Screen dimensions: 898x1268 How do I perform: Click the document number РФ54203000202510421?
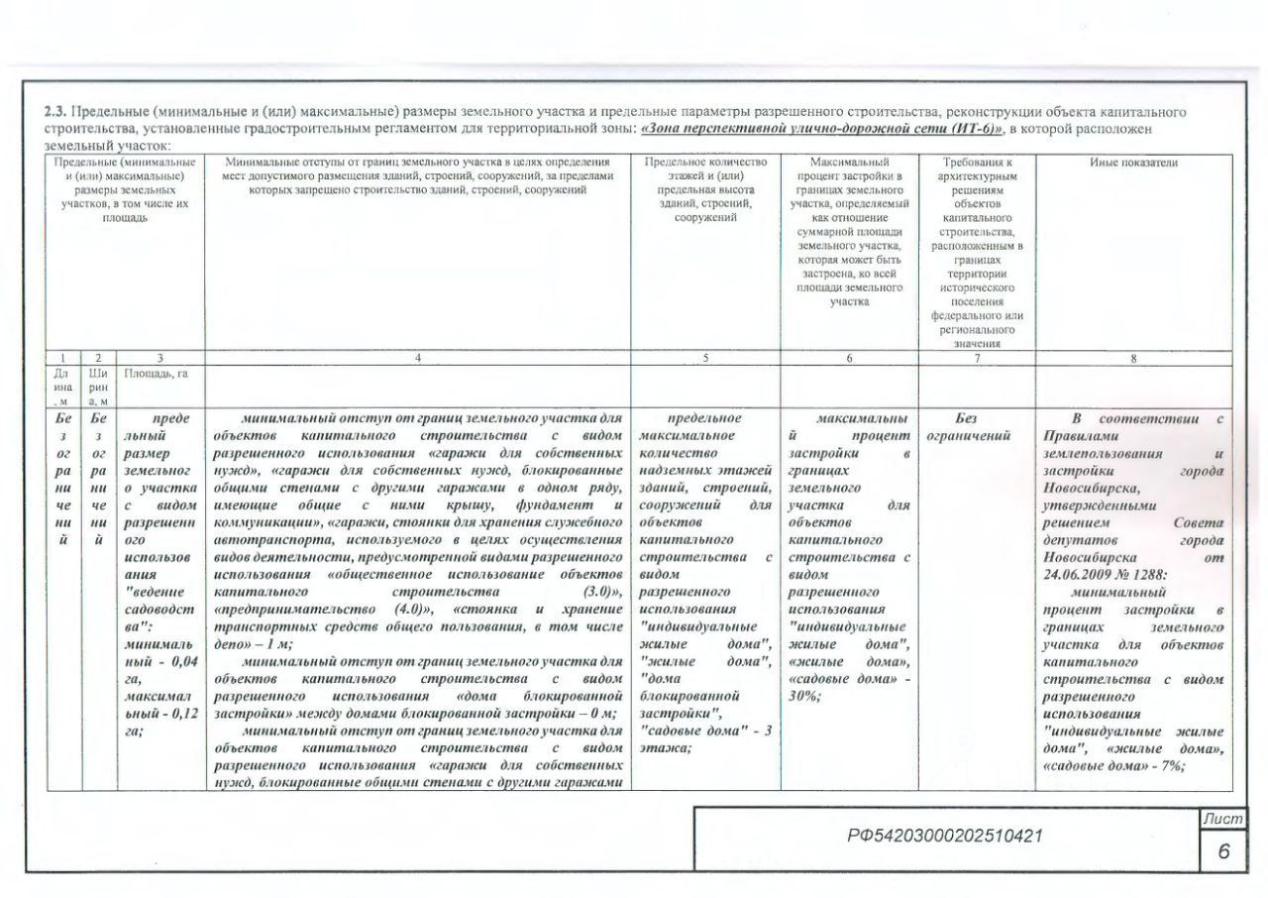tap(944, 837)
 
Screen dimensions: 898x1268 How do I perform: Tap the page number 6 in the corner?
tap(1222, 851)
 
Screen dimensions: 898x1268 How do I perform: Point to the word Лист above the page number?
tap(1221, 818)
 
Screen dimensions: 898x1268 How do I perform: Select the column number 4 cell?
tap(418, 357)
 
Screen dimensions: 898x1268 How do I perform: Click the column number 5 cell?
tap(705, 357)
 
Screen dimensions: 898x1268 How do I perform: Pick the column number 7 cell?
tap(978, 357)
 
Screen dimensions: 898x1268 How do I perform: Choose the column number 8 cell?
tap(1133, 357)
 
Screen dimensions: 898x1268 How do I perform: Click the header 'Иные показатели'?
tap(1133, 163)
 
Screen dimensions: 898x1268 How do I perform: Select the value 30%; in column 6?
tap(803, 696)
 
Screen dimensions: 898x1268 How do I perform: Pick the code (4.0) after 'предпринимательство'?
tap(409, 608)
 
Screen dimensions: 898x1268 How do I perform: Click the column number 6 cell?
tap(850, 357)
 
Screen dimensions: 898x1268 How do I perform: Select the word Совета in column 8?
tap(1198, 522)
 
